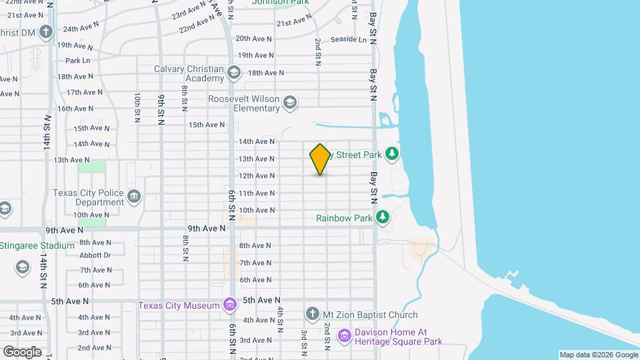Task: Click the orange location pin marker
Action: click(x=320, y=159)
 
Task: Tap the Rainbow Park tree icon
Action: click(x=383, y=217)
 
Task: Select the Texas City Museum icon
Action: click(x=230, y=305)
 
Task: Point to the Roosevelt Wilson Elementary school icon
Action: click(x=289, y=103)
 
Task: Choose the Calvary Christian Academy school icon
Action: click(x=234, y=72)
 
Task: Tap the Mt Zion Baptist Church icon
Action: click(x=311, y=314)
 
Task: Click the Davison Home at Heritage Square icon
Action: click(x=344, y=335)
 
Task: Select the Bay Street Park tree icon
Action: click(x=393, y=155)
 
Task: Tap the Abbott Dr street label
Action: click(x=95, y=255)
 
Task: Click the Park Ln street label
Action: click(x=78, y=61)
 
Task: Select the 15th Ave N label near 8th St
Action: click(x=207, y=125)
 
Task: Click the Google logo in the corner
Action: click(x=22, y=351)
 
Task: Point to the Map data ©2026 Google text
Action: click(x=598, y=355)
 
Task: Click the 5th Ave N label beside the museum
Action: click(x=261, y=301)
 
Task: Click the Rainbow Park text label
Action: click(x=344, y=218)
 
